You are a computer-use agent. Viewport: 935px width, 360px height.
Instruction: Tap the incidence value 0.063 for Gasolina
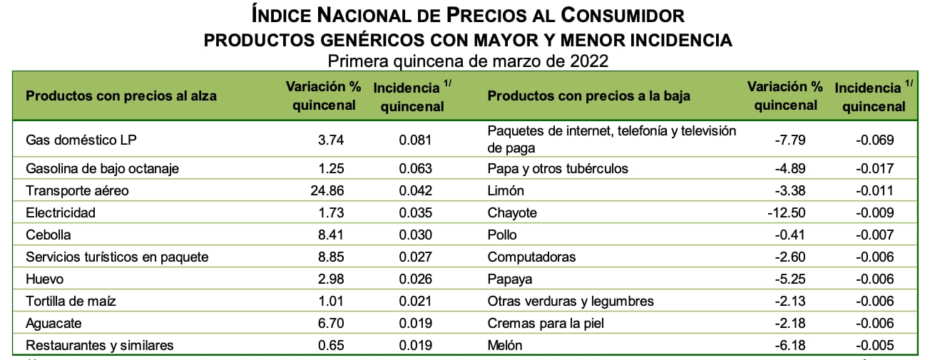click(x=415, y=169)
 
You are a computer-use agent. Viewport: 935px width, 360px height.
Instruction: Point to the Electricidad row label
click(x=60, y=212)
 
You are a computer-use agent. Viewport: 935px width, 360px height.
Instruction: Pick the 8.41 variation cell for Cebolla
click(x=331, y=235)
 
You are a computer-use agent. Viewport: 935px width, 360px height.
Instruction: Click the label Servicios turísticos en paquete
click(x=116, y=257)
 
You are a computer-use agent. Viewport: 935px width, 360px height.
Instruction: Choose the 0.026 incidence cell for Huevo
click(x=415, y=279)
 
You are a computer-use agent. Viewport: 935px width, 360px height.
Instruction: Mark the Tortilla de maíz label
click(x=71, y=301)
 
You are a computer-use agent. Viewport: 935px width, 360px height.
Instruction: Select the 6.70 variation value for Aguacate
click(x=331, y=323)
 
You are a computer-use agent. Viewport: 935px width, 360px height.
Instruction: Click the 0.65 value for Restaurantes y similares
click(x=331, y=345)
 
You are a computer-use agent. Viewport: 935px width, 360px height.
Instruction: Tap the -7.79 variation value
click(x=790, y=140)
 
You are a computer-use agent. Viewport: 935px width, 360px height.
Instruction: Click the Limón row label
click(x=506, y=190)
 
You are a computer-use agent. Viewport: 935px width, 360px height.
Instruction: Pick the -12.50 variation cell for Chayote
click(x=787, y=212)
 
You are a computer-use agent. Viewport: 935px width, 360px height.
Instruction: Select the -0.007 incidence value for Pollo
click(x=875, y=235)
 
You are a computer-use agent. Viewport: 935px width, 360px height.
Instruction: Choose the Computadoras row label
click(x=531, y=257)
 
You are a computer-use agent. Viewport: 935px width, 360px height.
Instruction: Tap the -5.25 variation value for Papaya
click(x=790, y=279)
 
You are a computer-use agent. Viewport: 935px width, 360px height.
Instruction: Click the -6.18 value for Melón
click(x=790, y=345)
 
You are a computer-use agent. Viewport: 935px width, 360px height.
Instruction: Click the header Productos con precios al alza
click(x=121, y=96)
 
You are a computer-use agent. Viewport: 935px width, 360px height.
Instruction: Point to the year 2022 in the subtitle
click(x=588, y=60)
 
